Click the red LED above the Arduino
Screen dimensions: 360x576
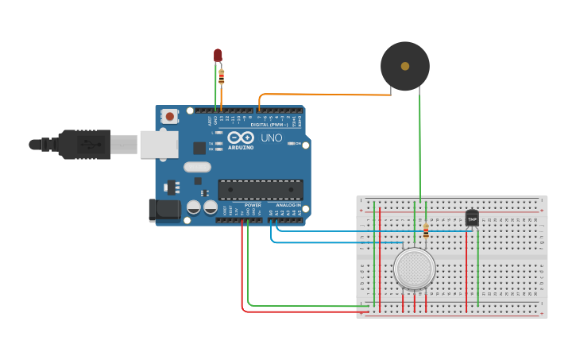pos(218,55)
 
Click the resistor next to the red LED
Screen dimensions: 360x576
pos(222,75)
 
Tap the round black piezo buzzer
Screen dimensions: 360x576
pos(405,66)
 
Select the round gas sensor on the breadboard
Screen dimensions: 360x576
pos(414,269)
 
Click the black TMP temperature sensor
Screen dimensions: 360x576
pos(472,219)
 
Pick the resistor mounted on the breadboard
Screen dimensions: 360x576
pos(427,230)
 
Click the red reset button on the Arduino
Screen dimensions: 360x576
pos(169,116)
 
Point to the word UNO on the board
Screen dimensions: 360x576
pos(271,138)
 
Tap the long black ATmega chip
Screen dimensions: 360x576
pos(261,190)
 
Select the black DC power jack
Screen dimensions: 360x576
pos(165,210)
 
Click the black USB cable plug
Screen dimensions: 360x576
pos(83,145)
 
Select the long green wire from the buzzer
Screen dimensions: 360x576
pos(420,151)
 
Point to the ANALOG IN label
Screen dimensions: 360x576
pos(288,205)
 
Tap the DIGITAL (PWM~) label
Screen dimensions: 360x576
pos(269,125)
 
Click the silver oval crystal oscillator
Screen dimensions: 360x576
pos(196,167)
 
